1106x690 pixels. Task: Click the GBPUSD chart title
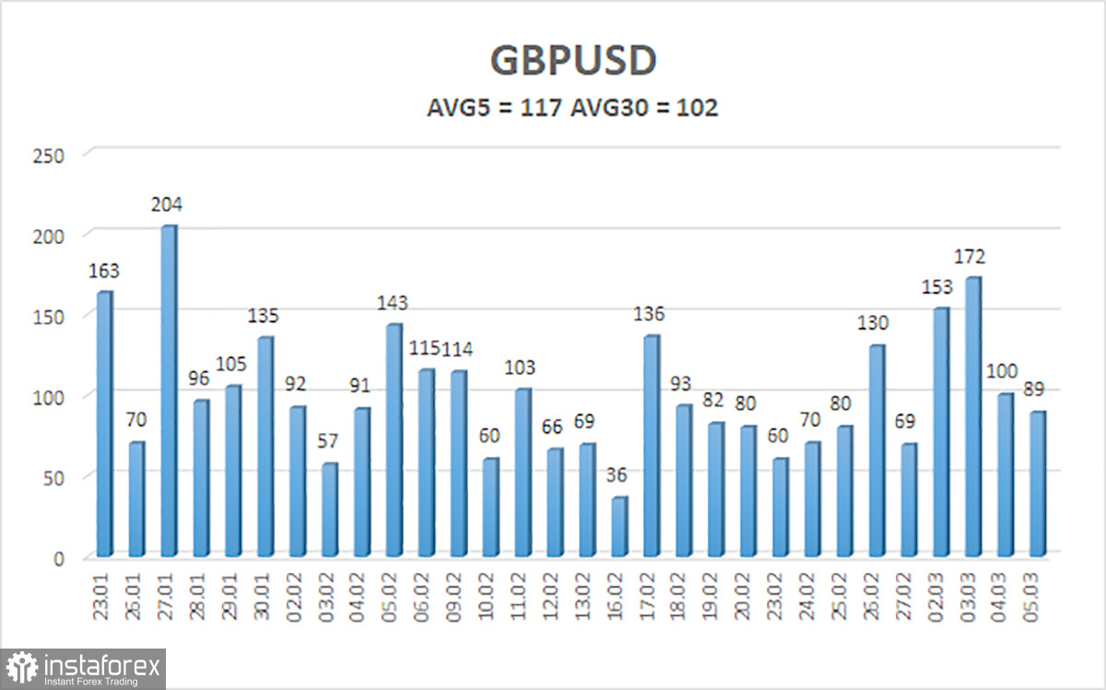pyautogui.click(x=572, y=61)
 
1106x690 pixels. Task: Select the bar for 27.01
pyautogui.click(x=168, y=392)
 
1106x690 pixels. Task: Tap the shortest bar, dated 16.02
pyautogui.click(x=619, y=527)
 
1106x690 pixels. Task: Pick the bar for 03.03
pyautogui.click(x=973, y=417)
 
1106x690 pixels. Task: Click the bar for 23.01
pyautogui.click(x=103, y=424)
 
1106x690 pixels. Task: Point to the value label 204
pyautogui.click(x=167, y=205)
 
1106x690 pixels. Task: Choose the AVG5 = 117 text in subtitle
pyautogui.click(x=493, y=108)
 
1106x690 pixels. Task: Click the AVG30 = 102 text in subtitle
pyautogui.click(x=644, y=108)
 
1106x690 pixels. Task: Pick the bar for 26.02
pyautogui.click(x=877, y=451)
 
